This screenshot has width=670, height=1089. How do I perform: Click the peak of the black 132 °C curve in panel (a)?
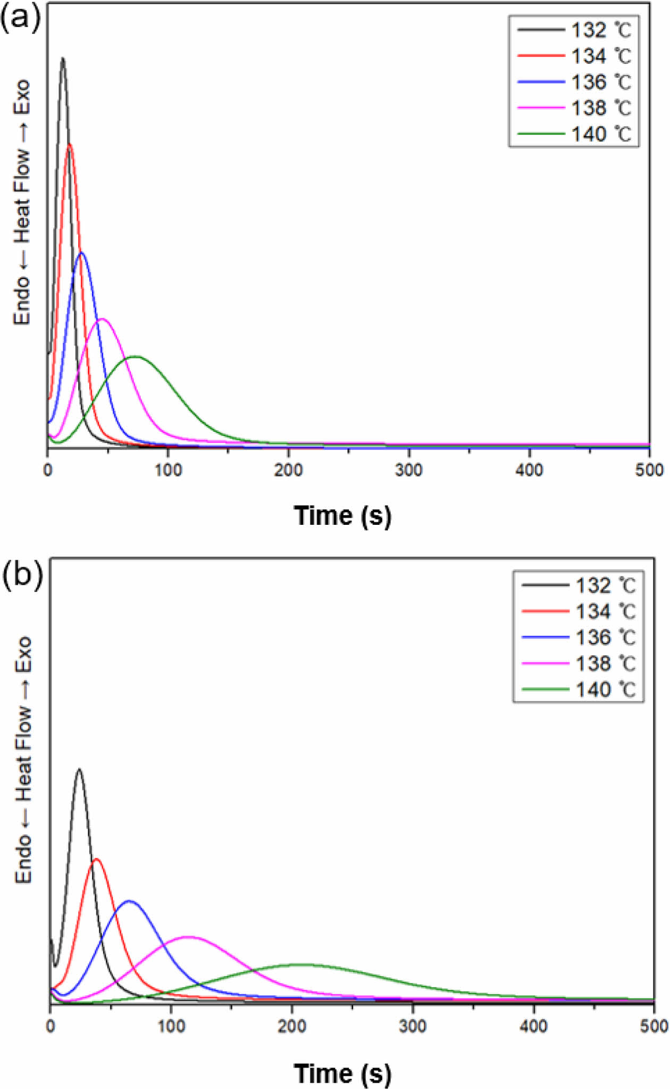point(63,58)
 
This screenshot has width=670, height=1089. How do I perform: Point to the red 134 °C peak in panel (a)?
point(69,144)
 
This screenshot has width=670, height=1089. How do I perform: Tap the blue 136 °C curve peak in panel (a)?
point(81,253)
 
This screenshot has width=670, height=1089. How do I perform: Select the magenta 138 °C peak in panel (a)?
point(102,319)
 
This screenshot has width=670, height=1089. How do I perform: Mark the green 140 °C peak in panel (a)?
point(136,357)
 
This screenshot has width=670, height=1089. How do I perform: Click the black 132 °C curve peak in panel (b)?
point(79,769)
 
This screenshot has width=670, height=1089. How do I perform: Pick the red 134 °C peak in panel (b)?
point(96,859)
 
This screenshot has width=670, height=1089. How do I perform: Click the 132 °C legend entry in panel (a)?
point(574,30)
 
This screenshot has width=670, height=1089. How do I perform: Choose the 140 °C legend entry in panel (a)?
point(574,134)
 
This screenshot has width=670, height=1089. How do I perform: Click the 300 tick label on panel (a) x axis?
point(409,470)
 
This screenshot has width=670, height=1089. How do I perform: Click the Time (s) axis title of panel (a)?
point(342,516)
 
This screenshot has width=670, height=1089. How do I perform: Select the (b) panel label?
point(22,575)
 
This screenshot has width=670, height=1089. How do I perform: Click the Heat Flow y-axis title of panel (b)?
point(23,760)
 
